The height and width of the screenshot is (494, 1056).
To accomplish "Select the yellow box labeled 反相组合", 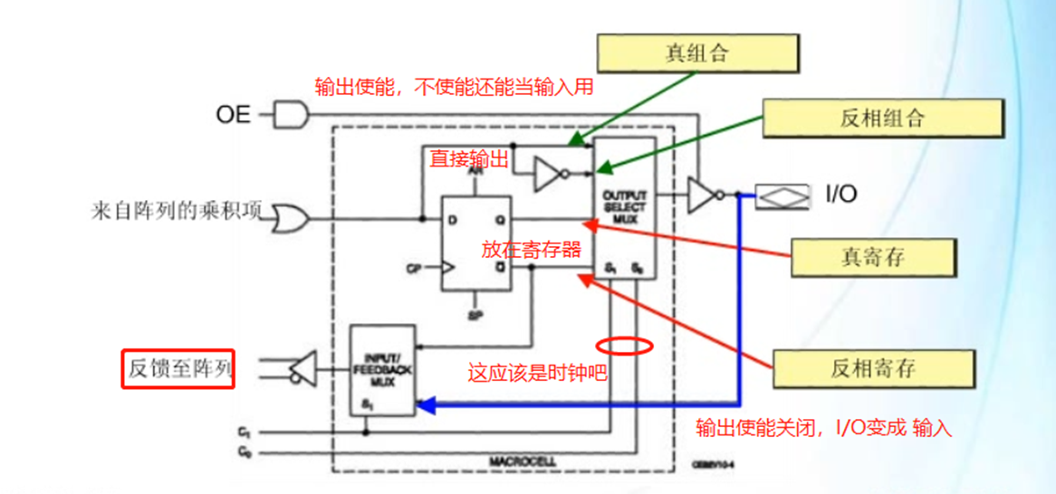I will click(883, 118).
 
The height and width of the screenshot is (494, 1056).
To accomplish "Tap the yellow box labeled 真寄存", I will click(873, 258).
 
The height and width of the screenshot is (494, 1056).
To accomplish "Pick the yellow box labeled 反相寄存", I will click(872, 368).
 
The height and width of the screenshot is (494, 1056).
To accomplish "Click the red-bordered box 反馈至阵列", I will click(178, 369).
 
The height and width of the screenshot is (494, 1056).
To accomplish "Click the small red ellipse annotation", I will click(624, 346).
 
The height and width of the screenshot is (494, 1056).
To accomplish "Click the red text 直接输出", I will click(469, 158).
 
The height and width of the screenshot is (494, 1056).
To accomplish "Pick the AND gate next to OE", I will click(292, 115).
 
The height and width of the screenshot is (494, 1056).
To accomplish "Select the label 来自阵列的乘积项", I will click(177, 214).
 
